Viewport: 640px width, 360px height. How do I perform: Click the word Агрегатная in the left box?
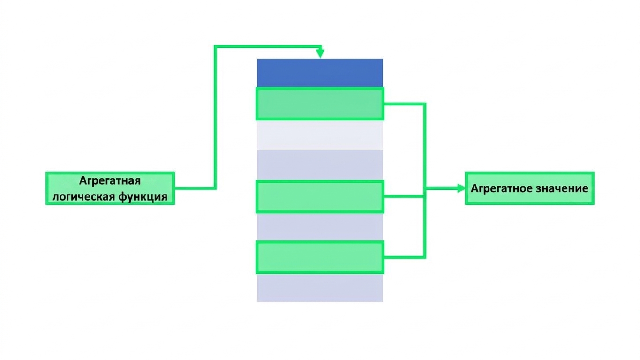point(110,181)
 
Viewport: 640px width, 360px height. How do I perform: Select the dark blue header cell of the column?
point(320,73)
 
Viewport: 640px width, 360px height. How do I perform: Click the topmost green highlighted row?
point(320,104)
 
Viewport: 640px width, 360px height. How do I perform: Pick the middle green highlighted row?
point(320,197)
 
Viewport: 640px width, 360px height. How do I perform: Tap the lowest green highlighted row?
point(320,257)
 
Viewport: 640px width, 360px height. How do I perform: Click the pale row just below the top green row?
point(320,135)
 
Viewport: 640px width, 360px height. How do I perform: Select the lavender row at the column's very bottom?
point(320,288)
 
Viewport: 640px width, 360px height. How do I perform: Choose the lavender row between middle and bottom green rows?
point(320,227)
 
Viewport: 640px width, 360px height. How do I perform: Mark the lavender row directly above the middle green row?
point(320,165)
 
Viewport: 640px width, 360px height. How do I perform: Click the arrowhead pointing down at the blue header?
point(320,53)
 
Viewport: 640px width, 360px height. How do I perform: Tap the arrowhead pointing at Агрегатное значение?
point(461,188)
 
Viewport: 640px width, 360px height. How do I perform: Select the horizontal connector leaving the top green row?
point(405,104)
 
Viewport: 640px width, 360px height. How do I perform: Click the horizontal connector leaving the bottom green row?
point(405,257)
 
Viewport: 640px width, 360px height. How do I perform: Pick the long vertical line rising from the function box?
point(215,117)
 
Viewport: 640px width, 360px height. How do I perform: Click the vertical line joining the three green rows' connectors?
point(425,180)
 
